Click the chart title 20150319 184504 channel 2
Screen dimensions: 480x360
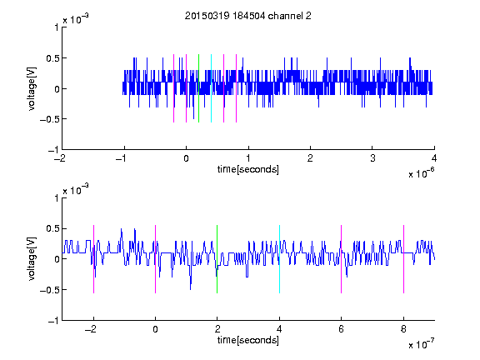pyautogui.click(x=248, y=16)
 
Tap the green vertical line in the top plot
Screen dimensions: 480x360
pyautogui.click(x=198, y=88)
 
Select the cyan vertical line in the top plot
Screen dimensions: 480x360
pyautogui.click(x=211, y=88)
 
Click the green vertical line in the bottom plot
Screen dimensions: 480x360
pyautogui.click(x=217, y=259)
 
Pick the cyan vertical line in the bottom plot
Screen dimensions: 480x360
pyautogui.click(x=279, y=259)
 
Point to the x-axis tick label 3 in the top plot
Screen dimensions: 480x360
pyautogui.click(x=372, y=158)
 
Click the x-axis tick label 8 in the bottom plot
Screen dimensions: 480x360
pyautogui.click(x=403, y=329)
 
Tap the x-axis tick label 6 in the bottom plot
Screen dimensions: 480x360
pyautogui.click(x=342, y=329)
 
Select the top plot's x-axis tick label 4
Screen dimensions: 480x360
pyautogui.click(x=434, y=158)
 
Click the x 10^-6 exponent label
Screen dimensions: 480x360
pyautogui.click(x=421, y=173)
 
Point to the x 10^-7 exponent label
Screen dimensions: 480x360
pyautogui.click(x=421, y=344)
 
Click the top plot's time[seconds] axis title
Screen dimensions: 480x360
pyautogui.click(x=248, y=169)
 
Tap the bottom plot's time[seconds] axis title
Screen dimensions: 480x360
pyautogui.click(x=248, y=340)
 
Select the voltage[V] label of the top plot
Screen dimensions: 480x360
pyautogui.click(x=32, y=88)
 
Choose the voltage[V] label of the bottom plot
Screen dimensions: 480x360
pyautogui.click(x=32, y=259)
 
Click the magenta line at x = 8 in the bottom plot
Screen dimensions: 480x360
pyautogui.click(x=403, y=259)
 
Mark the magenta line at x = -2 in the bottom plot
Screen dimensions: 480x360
pyautogui.click(x=93, y=259)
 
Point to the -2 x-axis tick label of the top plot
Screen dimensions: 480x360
pyautogui.click(x=61, y=158)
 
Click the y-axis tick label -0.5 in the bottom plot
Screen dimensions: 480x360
pyautogui.click(x=49, y=290)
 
